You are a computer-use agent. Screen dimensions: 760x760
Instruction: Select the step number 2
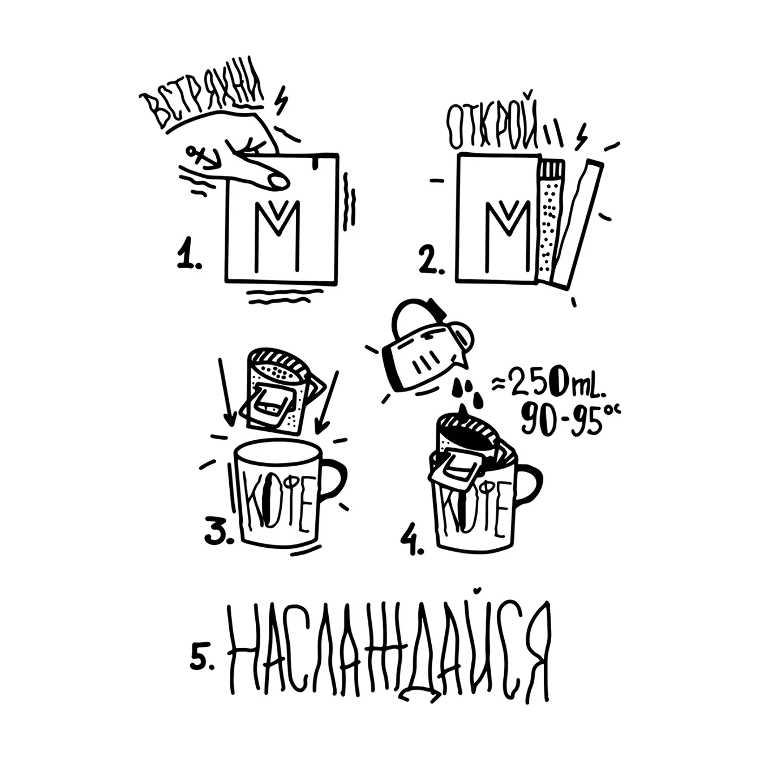(x=431, y=259)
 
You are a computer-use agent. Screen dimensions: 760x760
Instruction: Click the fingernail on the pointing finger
(x=279, y=181)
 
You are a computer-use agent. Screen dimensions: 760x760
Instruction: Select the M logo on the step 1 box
(x=277, y=236)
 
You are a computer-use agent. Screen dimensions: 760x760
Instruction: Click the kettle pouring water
(x=428, y=342)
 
